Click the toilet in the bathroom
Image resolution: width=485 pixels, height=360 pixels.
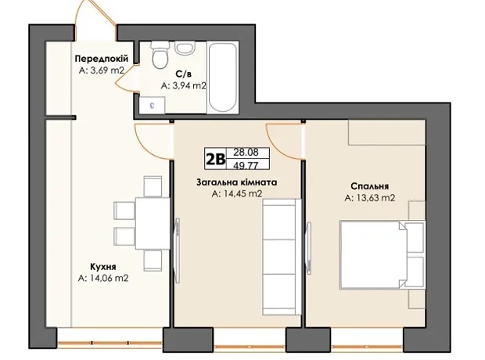click(160, 55)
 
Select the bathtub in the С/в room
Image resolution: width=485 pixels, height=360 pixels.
click(223, 77)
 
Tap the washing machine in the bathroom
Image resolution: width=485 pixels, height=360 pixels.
click(152, 105)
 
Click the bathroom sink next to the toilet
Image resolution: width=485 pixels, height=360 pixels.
click(185, 48)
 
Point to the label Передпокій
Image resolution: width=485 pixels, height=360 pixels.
click(102, 59)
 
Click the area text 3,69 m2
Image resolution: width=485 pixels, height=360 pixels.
click(102, 70)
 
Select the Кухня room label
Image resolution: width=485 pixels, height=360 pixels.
click(103, 267)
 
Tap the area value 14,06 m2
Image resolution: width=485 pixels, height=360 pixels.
click(103, 279)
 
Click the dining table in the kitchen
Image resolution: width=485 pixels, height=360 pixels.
click(153, 223)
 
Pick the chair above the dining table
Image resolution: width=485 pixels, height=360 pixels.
click(153, 186)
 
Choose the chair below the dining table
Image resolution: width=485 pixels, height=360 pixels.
click(153, 261)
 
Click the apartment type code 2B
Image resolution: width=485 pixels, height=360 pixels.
click(215, 159)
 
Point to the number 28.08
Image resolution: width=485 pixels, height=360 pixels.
click(246, 153)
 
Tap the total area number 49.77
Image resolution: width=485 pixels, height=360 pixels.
click(246, 166)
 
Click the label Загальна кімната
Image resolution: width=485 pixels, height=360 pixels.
click(237, 182)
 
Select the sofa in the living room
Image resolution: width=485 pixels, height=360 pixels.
click(282, 257)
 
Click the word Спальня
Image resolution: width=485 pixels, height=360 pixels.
click(370, 186)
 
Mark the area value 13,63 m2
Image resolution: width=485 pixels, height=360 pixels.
click(370, 198)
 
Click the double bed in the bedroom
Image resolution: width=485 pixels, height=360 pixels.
click(383, 255)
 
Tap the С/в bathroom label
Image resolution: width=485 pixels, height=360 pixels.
click(183, 74)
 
